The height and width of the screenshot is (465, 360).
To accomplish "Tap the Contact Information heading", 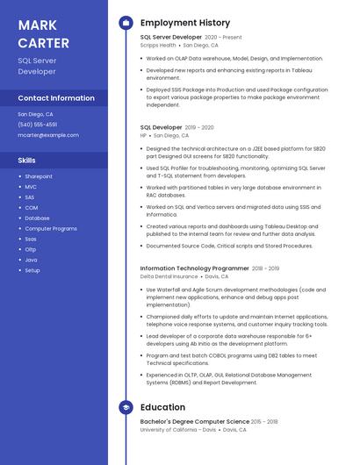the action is pyautogui.click(x=56, y=98).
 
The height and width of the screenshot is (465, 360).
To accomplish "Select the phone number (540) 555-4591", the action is pyautogui.click(x=38, y=125).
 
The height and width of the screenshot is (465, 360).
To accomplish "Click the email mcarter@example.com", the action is pyautogui.click(x=48, y=135).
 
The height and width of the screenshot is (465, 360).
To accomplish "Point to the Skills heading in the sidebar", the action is pyautogui.click(x=27, y=161).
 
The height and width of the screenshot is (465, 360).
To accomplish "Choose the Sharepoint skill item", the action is pyautogui.click(x=39, y=176).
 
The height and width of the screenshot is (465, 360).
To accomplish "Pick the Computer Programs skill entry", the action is pyautogui.click(x=51, y=228).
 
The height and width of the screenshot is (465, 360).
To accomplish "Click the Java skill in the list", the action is pyautogui.click(x=31, y=260).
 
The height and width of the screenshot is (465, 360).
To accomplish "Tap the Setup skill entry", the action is pyautogui.click(x=32, y=270).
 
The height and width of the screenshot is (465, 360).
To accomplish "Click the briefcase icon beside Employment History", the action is pyautogui.click(x=126, y=23).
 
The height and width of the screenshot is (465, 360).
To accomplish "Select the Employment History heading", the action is pyautogui.click(x=185, y=23).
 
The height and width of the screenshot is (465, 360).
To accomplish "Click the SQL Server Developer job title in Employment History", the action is pyautogui.click(x=171, y=38).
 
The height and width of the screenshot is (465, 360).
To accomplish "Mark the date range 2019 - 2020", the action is pyautogui.click(x=199, y=127).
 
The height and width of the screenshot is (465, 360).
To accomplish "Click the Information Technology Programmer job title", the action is pyautogui.click(x=195, y=268).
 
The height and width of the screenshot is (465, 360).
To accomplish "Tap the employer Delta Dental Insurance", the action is pyautogui.click(x=169, y=275).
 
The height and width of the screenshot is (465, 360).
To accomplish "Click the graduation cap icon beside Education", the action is pyautogui.click(x=126, y=407).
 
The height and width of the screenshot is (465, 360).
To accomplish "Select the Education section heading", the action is pyautogui.click(x=162, y=407).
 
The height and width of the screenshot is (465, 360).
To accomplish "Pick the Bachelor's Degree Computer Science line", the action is pyautogui.click(x=195, y=422).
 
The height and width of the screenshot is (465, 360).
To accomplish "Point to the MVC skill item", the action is pyautogui.click(x=31, y=187).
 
